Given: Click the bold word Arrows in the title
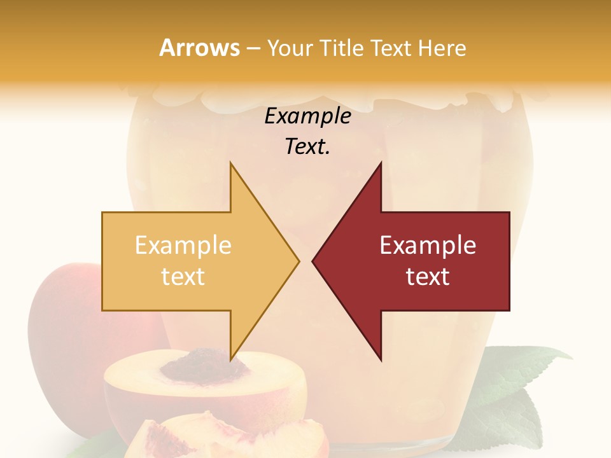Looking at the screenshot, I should click(199, 48).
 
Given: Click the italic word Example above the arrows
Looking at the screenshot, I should click(307, 116).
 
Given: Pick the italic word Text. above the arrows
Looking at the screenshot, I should click(307, 147).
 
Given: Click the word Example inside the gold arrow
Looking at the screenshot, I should click(183, 246).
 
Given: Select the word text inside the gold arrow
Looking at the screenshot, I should click(183, 277).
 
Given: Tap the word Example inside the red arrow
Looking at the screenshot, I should click(428, 246).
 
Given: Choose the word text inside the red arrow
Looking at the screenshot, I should click(428, 277).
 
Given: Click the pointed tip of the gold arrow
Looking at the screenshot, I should click(298, 261).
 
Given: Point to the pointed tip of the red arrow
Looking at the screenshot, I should click(313, 261).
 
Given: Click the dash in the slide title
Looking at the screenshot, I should click(253, 48).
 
